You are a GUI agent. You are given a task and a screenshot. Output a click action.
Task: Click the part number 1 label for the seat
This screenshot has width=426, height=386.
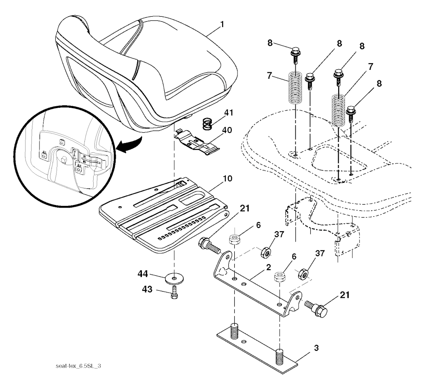(x=222, y=25)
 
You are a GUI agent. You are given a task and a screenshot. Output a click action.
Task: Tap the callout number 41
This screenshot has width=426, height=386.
(x=228, y=112)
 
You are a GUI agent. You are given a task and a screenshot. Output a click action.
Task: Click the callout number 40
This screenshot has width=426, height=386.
(x=227, y=130)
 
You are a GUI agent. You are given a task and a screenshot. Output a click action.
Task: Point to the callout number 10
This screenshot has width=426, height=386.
(x=228, y=178)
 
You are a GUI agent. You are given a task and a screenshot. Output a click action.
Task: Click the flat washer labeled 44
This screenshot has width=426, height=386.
(x=174, y=278)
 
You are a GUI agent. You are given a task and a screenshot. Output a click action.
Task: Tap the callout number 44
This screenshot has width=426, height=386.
(x=143, y=274)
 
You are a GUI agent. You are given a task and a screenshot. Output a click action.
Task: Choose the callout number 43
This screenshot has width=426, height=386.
(x=147, y=289)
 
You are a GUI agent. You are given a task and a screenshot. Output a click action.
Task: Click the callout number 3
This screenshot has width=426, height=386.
(x=316, y=348)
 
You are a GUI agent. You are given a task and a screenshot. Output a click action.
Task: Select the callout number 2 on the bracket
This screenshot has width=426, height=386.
(x=268, y=267)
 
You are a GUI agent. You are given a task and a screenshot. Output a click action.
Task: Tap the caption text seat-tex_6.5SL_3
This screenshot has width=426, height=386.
(x=78, y=366)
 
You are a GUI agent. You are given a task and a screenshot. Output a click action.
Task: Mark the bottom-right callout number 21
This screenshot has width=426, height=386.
(x=344, y=295)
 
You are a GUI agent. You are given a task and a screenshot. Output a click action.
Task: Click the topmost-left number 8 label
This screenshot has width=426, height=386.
(x=270, y=43)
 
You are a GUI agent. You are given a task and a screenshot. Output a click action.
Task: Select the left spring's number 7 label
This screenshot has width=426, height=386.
(x=269, y=75)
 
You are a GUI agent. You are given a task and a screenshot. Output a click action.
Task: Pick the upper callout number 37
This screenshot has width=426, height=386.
(x=279, y=234)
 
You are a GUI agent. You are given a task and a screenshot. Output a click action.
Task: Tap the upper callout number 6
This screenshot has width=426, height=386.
(x=258, y=225)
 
